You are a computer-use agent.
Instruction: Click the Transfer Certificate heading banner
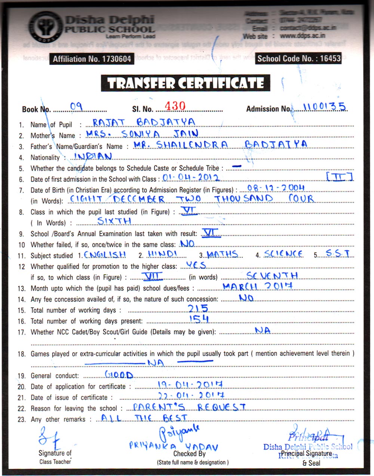click(x=186, y=83)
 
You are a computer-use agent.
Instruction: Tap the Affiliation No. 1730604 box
click(x=92, y=59)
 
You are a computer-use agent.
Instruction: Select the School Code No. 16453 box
click(x=298, y=58)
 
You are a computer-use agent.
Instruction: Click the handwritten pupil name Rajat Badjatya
click(x=144, y=122)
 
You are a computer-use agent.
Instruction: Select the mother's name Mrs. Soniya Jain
click(x=142, y=134)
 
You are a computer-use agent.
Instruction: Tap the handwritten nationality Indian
click(x=93, y=156)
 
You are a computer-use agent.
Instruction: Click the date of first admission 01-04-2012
click(x=191, y=178)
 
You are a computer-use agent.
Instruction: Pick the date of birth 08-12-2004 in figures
click(x=276, y=188)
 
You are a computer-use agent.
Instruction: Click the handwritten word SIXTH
click(x=114, y=221)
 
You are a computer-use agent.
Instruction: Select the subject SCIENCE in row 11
click(x=283, y=254)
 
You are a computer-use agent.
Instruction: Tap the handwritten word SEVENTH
click(x=272, y=276)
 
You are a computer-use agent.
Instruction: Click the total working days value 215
click(x=198, y=308)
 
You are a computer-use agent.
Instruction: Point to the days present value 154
click(x=199, y=319)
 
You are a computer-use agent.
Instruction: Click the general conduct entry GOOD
click(x=119, y=375)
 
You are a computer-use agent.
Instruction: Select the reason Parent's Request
click(x=190, y=407)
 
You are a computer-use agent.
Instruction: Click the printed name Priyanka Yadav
click(x=174, y=446)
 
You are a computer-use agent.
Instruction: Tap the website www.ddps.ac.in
click(x=302, y=36)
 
